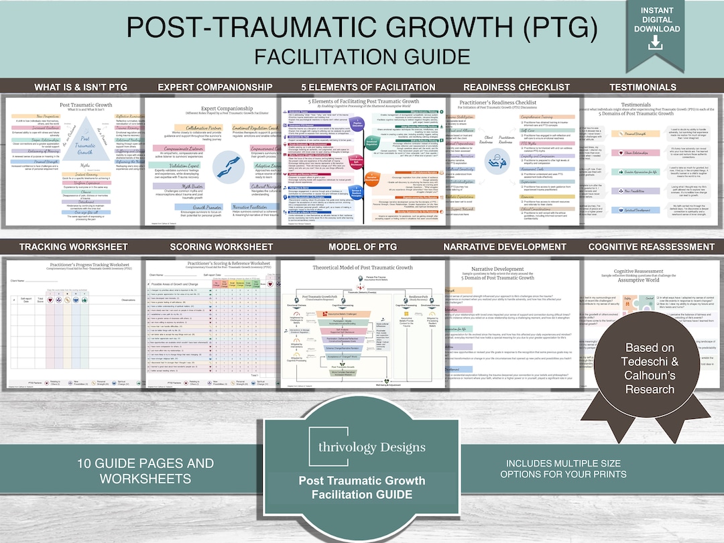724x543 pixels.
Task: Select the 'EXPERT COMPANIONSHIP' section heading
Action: click(x=215, y=87)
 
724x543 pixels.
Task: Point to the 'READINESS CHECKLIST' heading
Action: click(x=507, y=87)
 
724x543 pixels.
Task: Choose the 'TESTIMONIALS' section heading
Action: click(x=642, y=87)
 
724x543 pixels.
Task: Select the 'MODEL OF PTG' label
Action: click(x=362, y=247)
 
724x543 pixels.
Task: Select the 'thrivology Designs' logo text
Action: click(x=362, y=447)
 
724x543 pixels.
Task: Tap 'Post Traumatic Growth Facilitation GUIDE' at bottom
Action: click(x=362, y=487)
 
